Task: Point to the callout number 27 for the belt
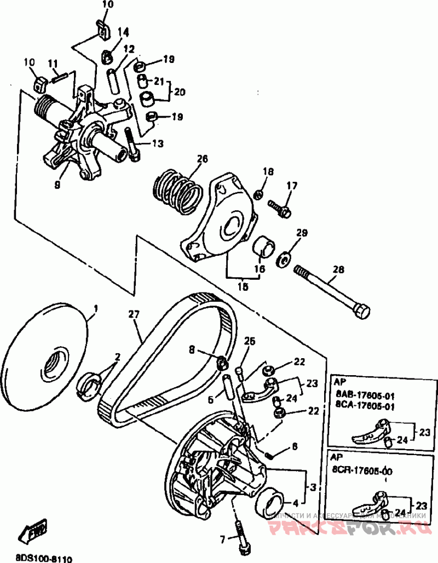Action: pyautogui.click(x=134, y=314)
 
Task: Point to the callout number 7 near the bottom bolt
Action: pyautogui.click(x=223, y=539)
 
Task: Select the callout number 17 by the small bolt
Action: pyautogui.click(x=290, y=186)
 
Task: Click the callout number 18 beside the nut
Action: pyautogui.click(x=267, y=172)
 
